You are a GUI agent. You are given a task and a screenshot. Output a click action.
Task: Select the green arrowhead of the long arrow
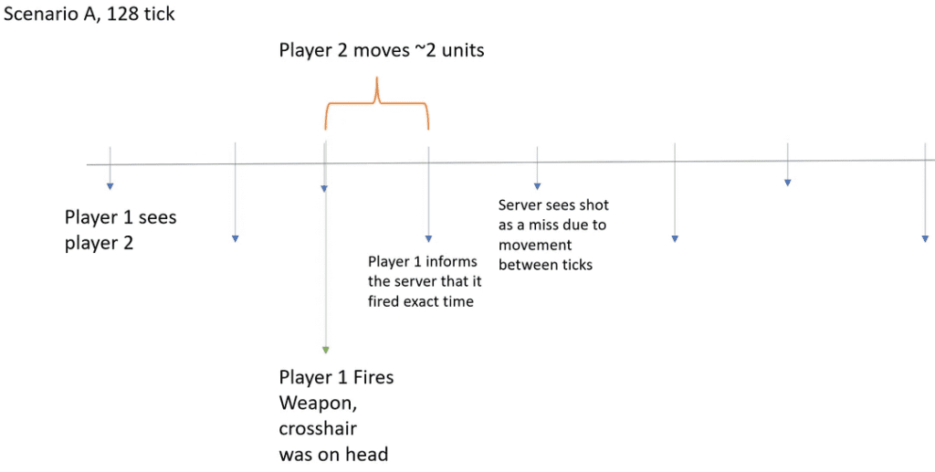(x=325, y=350)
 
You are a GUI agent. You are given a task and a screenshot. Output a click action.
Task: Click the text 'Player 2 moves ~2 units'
(x=382, y=50)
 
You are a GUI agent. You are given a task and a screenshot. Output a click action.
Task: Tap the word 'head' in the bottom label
(x=367, y=454)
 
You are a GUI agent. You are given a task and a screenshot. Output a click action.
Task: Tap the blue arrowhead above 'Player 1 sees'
(x=110, y=186)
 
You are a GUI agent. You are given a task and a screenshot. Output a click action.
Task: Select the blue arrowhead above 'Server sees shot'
(x=537, y=186)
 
